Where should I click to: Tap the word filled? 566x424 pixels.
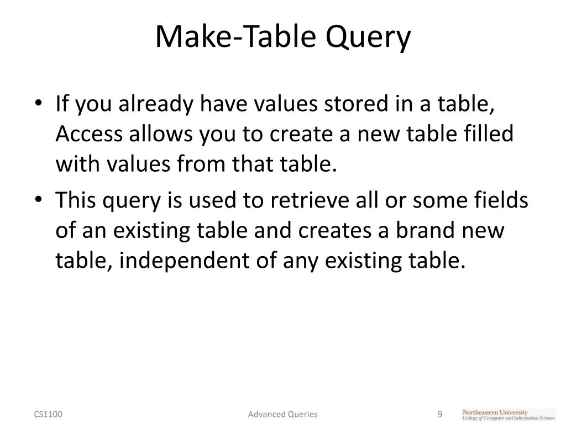coord(487,134)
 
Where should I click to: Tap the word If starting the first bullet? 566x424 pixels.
coord(63,105)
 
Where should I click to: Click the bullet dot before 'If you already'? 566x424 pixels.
coord(43,105)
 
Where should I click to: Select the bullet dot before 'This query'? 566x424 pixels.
coord(43,202)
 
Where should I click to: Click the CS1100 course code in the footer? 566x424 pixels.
coord(48,414)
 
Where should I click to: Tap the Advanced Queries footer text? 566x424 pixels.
coord(282,414)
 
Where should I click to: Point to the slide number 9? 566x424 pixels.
coord(440,414)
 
